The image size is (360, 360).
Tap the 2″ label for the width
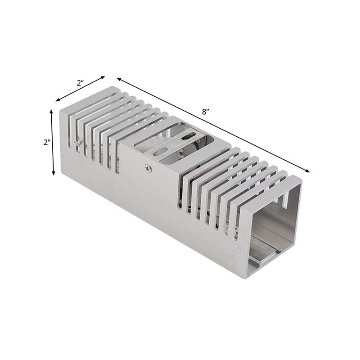[81, 83]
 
